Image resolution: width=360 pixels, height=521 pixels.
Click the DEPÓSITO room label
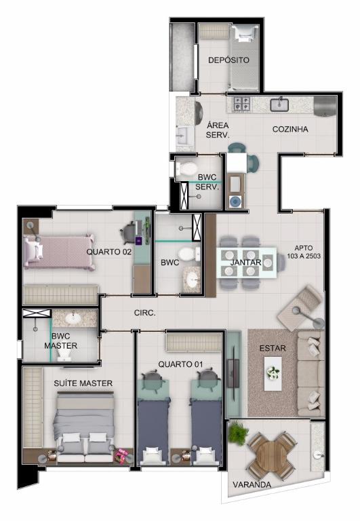(228, 60)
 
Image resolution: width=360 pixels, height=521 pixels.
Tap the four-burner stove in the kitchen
(242, 103)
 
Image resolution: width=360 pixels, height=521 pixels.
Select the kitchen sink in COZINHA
(279, 104)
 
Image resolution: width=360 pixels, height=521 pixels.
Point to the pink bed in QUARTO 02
(58, 252)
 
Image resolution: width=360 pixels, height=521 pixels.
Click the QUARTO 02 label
(109, 252)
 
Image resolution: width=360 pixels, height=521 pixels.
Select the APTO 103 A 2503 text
(304, 252)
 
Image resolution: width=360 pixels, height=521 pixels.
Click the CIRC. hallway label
(145, 313)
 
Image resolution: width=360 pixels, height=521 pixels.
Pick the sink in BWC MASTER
(73, 318)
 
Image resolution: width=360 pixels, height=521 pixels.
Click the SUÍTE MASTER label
(83, 383)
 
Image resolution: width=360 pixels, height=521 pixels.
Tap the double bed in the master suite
(84, 427)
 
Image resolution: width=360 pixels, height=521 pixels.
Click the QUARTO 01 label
(180, 364)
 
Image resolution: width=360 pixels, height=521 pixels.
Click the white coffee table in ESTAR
(273, 374)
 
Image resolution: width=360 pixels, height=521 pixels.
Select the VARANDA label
(252, 484)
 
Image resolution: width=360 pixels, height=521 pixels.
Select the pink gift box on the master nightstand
(121, 456)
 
